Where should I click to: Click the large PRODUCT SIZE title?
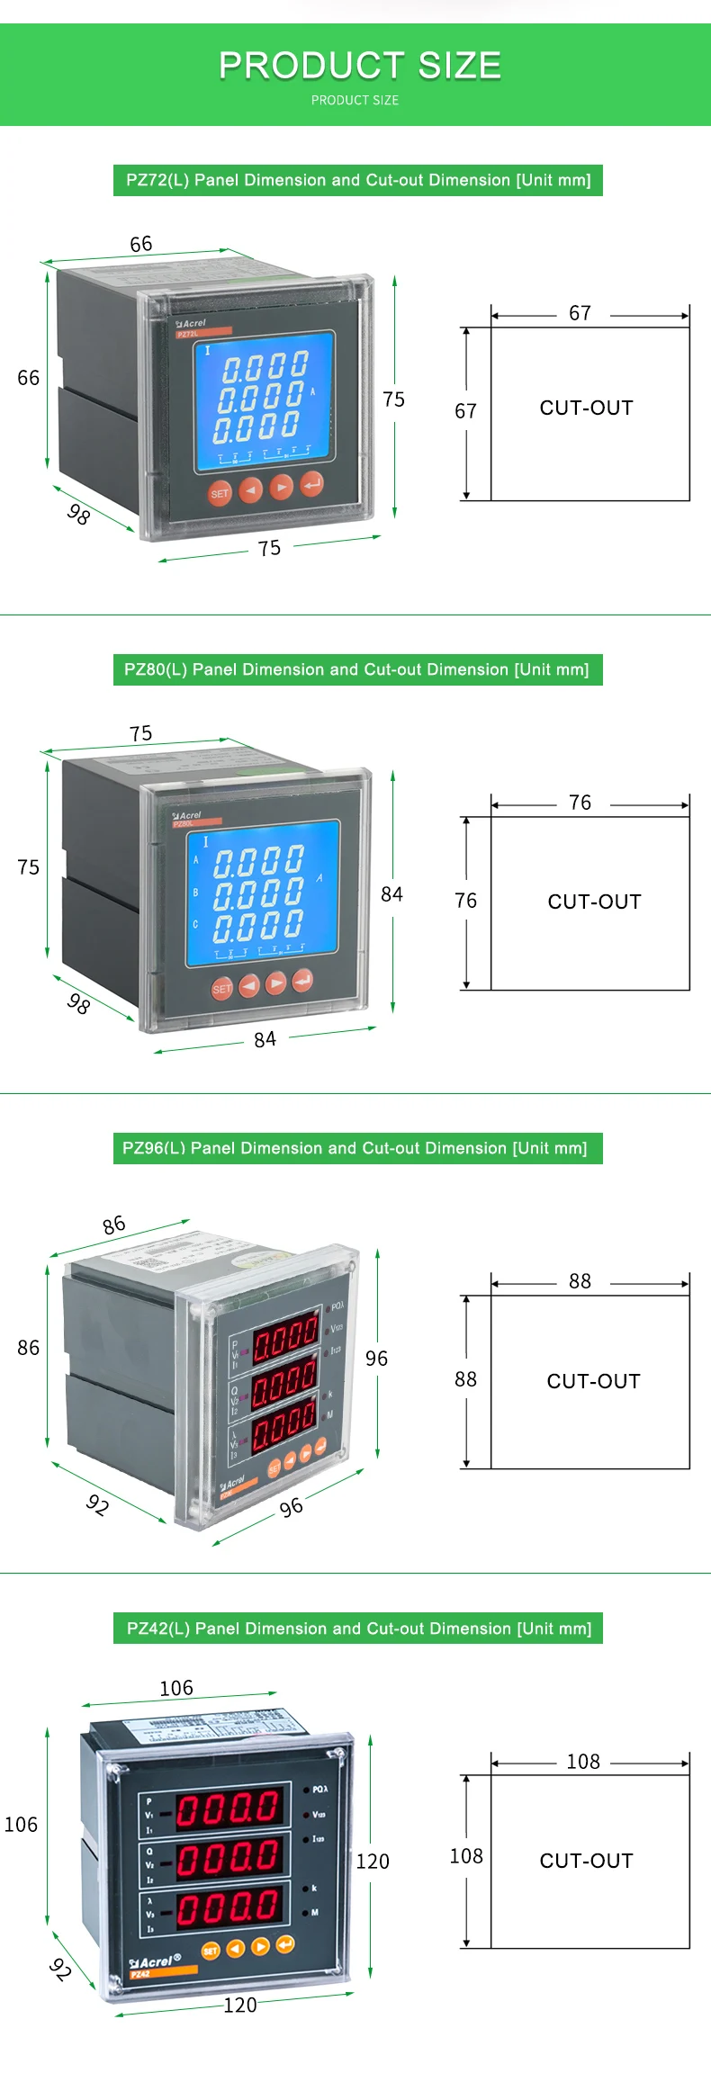coord(359,66)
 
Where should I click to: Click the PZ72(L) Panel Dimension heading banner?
coord(358,180)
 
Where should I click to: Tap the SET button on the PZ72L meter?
coord(220,493)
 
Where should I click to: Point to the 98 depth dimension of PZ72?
coord(79,514)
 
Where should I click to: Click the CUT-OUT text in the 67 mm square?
coord(586,408)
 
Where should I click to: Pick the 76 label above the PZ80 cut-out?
coord(580,802)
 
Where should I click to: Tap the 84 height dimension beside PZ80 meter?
coord(391,893)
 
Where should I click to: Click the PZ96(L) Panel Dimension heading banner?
coord(357,1148)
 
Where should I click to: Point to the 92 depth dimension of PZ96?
coord(97,1503)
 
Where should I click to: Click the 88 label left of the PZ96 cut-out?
coord(465,1379)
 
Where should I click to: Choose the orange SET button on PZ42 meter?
coord(211,1951)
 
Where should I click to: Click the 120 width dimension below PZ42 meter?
coord(240,2005)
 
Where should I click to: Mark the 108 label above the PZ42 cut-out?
coord(583,1761)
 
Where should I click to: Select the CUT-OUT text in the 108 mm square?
coord(586,1861)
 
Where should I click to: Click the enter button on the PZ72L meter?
coord(311,484)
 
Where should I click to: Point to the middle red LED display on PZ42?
coord(229,1857)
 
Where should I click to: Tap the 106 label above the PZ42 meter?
coord(176,1688)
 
